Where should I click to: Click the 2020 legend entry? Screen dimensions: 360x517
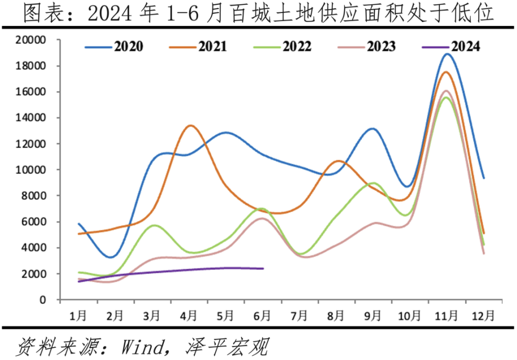pyautogui.click(x=128, y=46)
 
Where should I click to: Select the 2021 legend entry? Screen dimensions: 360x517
pyautogui.click(x=212, y=46)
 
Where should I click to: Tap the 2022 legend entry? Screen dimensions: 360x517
pyautogui.click(x=296, y=46)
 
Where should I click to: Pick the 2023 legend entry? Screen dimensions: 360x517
pyautogui.click(x=381, y=46)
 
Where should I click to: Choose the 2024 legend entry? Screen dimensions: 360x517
pyautogui.click(x=465, y=46)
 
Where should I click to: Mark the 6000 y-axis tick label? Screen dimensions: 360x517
pyautogui.click(x=34, y=222)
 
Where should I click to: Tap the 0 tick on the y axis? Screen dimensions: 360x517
pyautogui.click(x=43, y=300)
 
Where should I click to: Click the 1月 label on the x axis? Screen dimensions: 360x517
pyautogui.click(x=78, y=314)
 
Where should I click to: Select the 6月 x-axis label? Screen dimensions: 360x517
pyautogui.click(x=262, y=314)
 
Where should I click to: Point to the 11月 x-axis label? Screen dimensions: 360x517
pyautogui.click(x=446, y=314)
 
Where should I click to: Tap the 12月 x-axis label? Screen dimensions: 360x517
pyautogui.click(x=483, y=314)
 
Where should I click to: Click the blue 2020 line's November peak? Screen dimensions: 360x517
pyautogui.click(x=447, y=54)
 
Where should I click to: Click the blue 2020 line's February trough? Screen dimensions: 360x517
pyautogui.click(x=110, y=257)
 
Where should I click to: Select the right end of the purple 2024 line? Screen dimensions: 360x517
pyautogui.click(x=263, y=268)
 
